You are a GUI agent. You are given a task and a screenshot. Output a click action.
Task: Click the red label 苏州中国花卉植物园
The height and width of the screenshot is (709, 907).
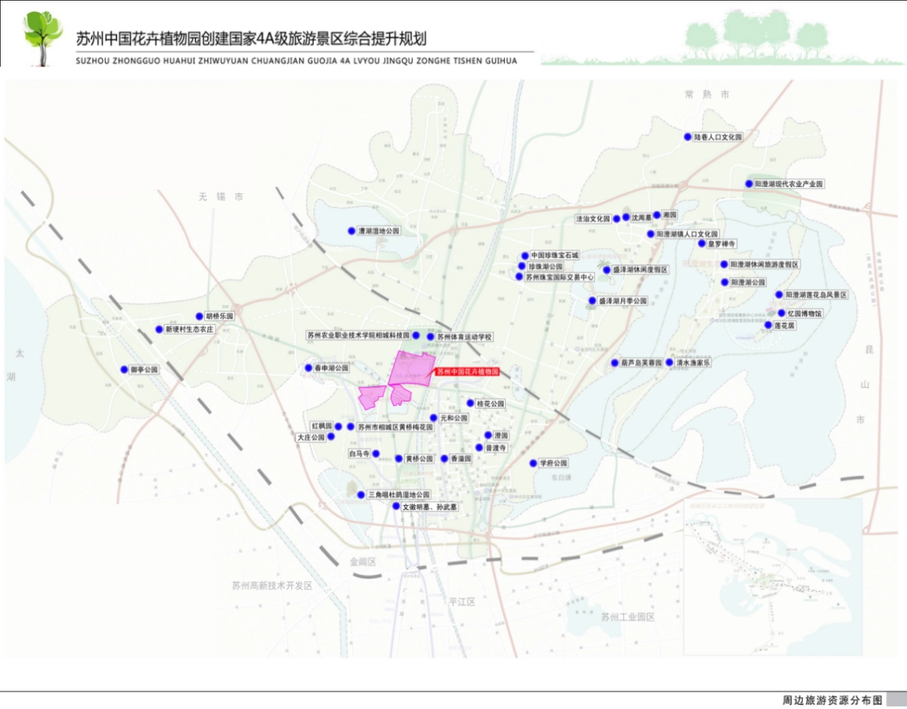468,373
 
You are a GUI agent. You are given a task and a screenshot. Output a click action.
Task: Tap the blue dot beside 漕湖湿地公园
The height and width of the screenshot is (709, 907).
351,231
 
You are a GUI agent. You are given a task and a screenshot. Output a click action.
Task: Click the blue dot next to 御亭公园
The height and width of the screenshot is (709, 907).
124,370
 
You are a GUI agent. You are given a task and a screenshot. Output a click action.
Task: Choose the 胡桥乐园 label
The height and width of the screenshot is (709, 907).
220,316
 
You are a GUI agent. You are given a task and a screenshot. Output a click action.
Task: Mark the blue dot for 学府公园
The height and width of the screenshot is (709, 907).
533,463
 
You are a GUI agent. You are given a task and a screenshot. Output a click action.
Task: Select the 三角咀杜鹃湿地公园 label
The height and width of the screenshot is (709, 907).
398,494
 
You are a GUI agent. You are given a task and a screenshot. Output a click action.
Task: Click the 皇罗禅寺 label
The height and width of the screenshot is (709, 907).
722,244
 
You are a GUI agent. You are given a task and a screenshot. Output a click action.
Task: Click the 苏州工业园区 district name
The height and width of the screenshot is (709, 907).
627,617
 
